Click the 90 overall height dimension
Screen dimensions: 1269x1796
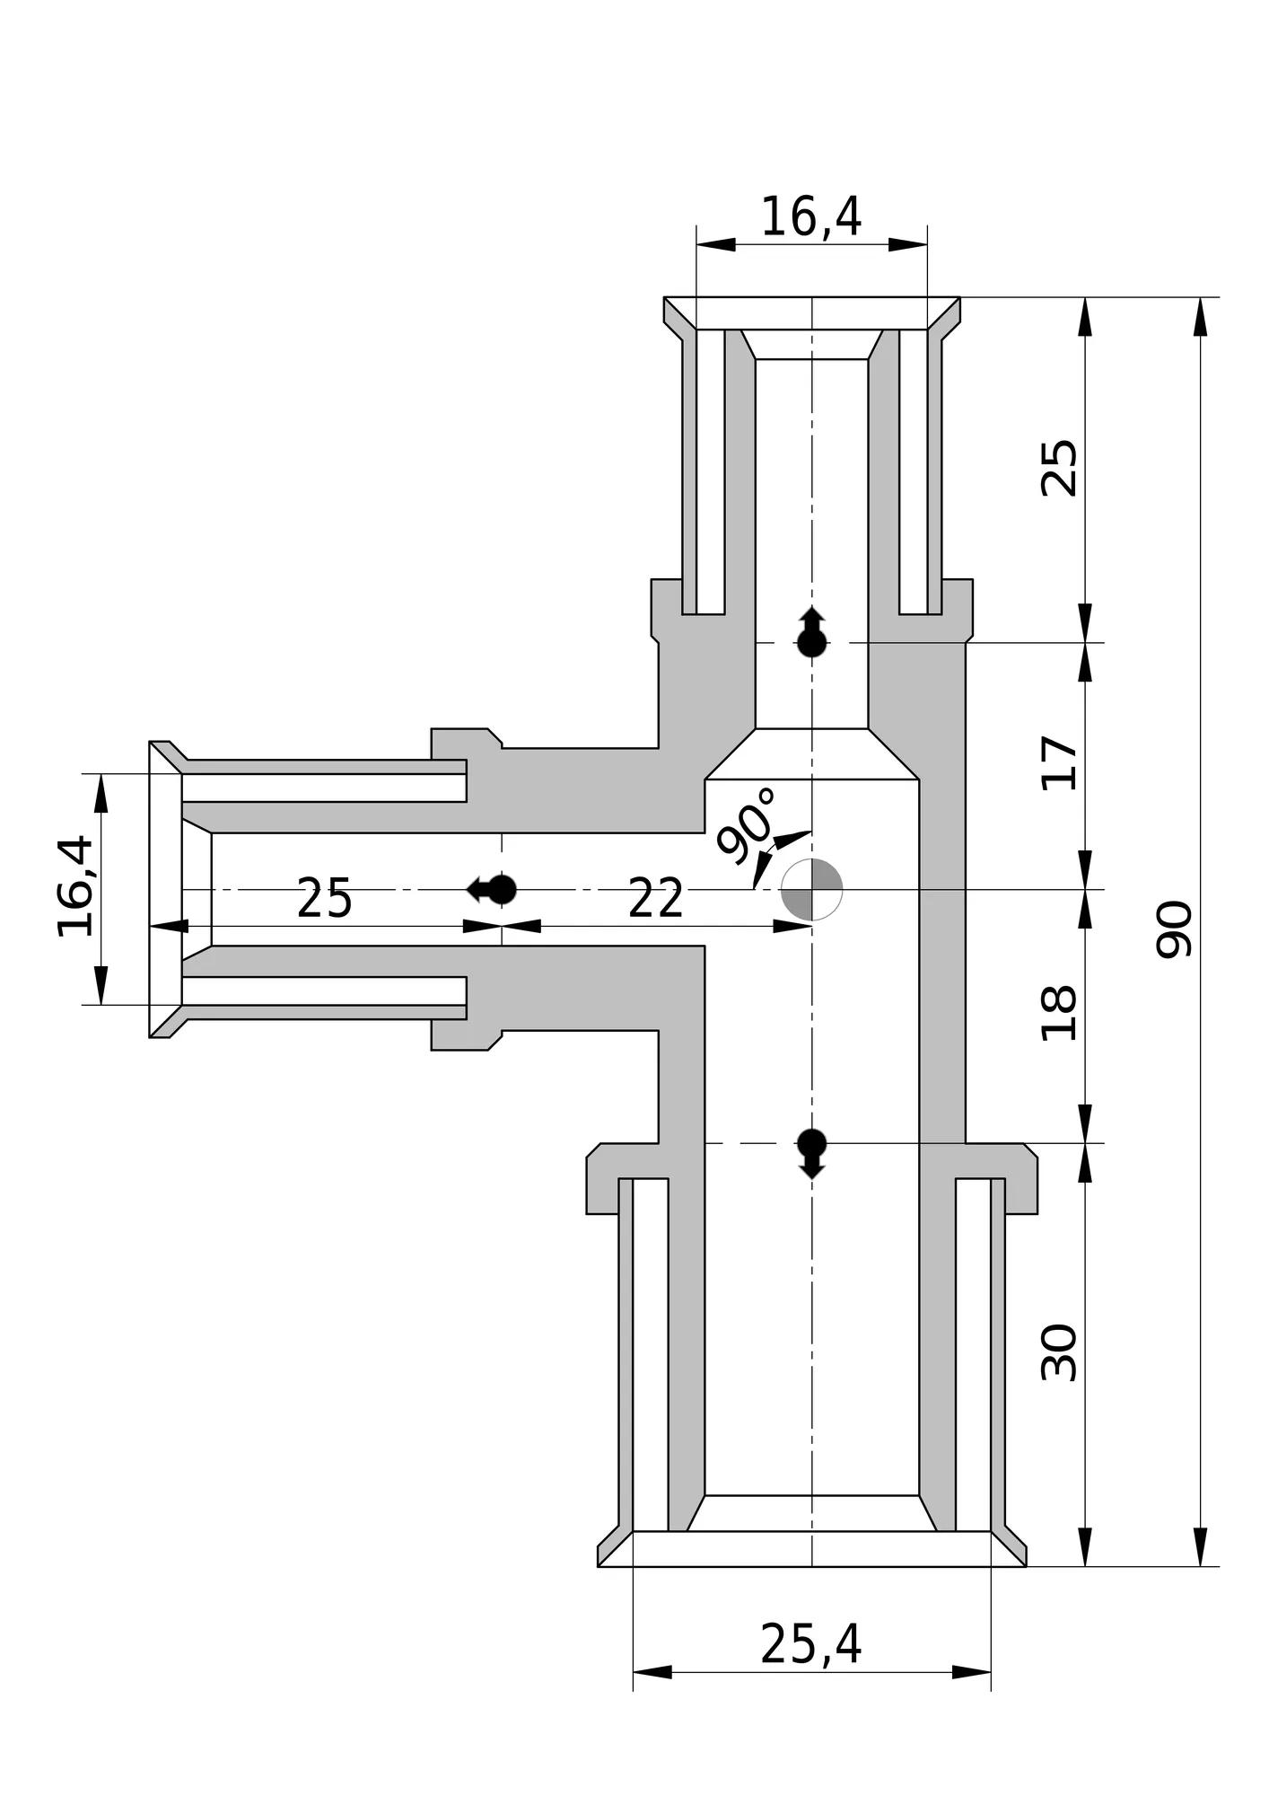(1172, 929)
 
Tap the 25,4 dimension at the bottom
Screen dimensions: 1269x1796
(810, 1644)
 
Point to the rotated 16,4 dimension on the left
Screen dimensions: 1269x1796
(74, 886)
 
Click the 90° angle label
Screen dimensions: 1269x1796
(747, 825)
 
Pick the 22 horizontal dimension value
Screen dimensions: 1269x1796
(656, 899)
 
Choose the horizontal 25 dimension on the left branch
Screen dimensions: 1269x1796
(324, 899)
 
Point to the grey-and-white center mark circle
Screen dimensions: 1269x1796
(812, 889)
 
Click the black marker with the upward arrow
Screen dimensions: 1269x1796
(812, 632)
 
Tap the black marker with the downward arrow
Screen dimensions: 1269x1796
(812, 1154)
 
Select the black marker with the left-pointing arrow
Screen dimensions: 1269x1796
(492, 889)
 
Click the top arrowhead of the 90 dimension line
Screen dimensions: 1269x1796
(1201, 317)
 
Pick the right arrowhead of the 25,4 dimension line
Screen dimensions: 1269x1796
(972, 1672)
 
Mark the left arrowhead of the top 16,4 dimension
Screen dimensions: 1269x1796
(716, 244)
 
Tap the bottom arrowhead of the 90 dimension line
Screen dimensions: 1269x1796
(1201, 1546)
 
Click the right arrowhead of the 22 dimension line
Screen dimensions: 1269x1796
(792, 926)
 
